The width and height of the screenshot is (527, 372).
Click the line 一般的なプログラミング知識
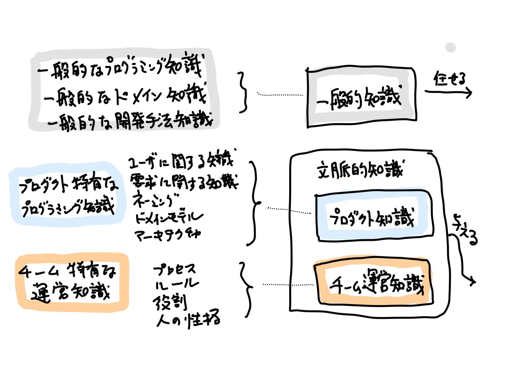[x=120, y=68]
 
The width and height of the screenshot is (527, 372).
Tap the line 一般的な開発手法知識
[x=130, y=120]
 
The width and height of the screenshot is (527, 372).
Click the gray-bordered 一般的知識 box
[x=361, y=98]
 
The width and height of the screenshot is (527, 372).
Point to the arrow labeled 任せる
[x=448, y=92]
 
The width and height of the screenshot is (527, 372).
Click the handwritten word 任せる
[x=449, y=79]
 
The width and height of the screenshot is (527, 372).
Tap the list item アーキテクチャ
[x=167, y=234]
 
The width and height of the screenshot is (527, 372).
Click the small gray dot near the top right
[x=450, y=48]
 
